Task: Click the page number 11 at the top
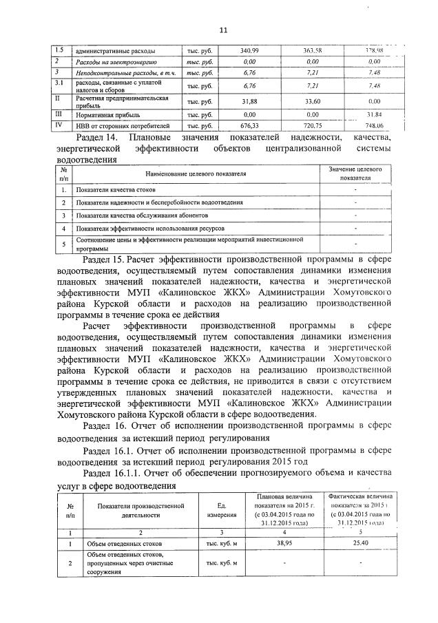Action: (x=223, y=30)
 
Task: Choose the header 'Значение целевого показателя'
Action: (x=355, y=173)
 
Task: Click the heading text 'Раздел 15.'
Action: (x=106, y=260)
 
